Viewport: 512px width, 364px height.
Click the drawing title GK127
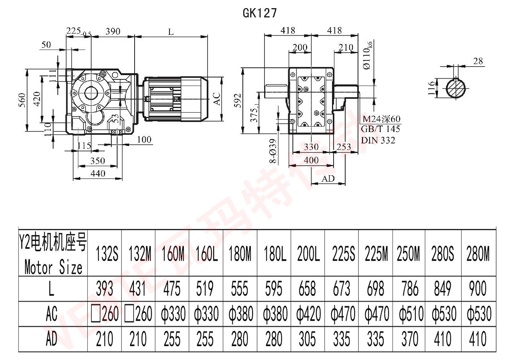259,13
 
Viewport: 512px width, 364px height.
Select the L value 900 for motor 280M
477,289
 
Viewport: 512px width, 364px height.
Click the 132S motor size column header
105,254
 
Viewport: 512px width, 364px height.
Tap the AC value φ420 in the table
308,314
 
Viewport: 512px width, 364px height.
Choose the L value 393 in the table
104,289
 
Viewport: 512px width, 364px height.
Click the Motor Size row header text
53,267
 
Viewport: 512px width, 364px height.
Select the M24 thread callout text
381,119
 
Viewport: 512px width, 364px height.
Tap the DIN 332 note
378,140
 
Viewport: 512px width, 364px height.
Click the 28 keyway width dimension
478,61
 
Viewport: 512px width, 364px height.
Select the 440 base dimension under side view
97,173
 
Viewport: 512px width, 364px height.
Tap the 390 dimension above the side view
112,31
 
